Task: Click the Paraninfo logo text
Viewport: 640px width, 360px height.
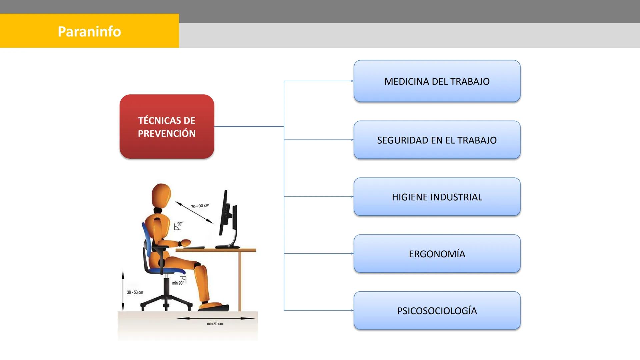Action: point(89,31)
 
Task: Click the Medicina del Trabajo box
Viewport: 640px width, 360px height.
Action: point(437,81)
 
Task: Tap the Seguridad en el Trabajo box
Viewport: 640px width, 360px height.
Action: point(437,140)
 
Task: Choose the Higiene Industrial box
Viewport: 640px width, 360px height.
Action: point(437,197)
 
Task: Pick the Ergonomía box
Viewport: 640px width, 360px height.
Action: point(437,254)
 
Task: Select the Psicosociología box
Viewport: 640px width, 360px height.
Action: point(437,311)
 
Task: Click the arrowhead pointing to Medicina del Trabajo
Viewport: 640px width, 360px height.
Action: point(352,81)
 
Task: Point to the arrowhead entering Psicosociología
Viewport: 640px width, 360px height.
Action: point(352,310)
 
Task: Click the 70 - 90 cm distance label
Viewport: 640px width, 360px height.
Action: point(200,206)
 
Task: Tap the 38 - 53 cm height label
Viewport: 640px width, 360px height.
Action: point(135,292)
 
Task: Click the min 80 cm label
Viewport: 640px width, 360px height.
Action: point(215,324)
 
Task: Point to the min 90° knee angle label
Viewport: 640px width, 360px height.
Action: point(178,283)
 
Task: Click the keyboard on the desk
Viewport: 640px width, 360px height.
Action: point(194,248)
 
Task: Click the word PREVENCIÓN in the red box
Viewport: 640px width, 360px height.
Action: point(167,133)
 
